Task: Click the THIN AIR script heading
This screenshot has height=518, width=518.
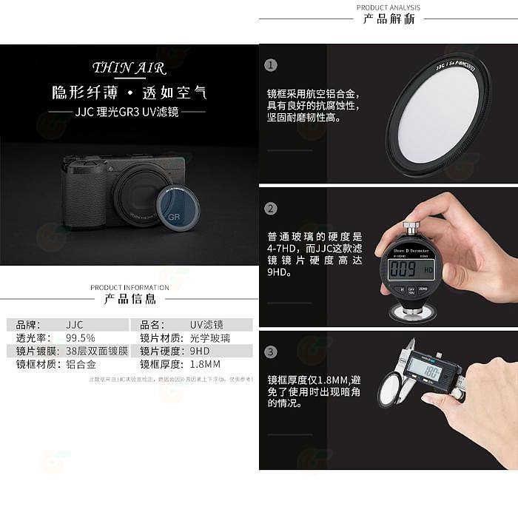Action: (x=129, y=69)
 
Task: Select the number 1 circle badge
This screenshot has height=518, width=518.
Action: (x=272, y=65)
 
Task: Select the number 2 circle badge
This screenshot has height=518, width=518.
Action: (x=272, y=209)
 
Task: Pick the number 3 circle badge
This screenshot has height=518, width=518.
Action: (x=272, y=352)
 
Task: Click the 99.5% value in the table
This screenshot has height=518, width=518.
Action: (x=81, y=337)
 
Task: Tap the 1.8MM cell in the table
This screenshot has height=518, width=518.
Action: (x=206, y=364)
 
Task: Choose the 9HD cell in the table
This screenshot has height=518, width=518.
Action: (x=201, y=351)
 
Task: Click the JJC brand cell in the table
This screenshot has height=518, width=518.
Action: (x=74, y=324)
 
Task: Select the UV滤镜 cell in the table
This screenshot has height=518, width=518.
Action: (x=206, y=324)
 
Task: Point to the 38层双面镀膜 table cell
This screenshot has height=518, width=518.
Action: (x=97, y=351)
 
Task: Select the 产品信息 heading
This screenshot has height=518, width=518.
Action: (x=129, y=299)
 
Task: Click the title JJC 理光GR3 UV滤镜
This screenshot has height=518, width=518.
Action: (x=129, y=114)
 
